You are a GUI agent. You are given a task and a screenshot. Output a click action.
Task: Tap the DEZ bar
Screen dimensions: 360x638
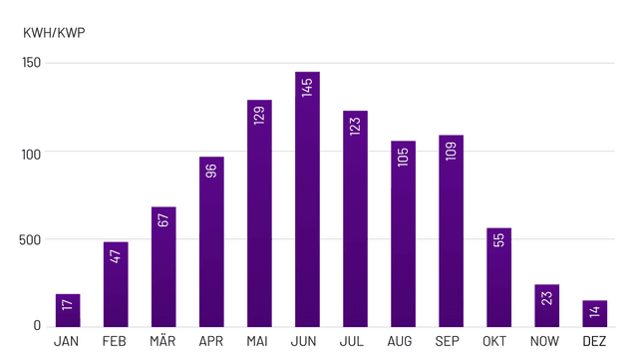pyautogui.click(x=595, y=314)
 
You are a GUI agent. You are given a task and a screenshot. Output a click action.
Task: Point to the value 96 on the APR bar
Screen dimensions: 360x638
pyautogui.click(x=211, y=170)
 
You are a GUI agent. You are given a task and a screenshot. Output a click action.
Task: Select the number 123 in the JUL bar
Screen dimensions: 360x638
pyautogui.click(x=355, y=126)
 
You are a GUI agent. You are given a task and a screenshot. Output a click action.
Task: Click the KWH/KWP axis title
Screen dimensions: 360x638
pyautogui.click(x=54, y=33)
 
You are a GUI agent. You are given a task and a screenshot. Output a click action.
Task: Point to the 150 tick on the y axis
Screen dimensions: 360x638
pyautogui.click(x=31, y=64)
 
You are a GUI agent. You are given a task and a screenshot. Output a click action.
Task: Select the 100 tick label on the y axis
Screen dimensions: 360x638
pyautogui.click(x=31, y=153)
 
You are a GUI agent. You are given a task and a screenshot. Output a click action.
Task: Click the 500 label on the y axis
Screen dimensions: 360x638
pyautogui.click(x=31, y=239)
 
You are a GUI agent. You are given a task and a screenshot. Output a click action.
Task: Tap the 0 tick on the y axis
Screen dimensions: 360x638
pyautogui.click(x=37, y=326)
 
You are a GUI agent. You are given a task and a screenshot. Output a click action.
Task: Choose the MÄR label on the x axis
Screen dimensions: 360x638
pyautogui.click(x=163, y=342)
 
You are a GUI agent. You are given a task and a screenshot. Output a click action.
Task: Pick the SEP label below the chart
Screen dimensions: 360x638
pyautogui.click(x=451, y=342)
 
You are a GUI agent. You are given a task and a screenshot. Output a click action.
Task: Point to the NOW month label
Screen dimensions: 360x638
pyautogui.click(x=547, y=342)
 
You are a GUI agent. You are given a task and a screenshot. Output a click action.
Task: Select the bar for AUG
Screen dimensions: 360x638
pyautogui.click(x=403, y=239)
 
